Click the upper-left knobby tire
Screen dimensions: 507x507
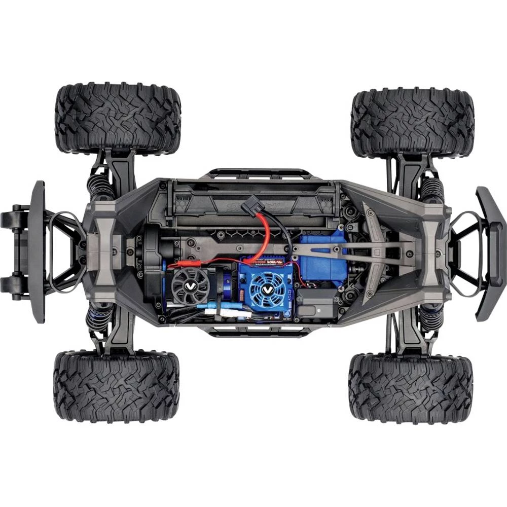[118, 118]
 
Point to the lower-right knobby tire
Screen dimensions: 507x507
[410, 388]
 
